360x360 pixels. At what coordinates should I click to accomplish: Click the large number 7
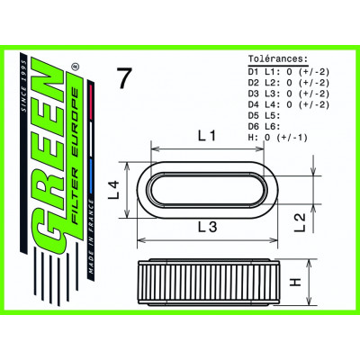pyautogui.click(x=125, y=78)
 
